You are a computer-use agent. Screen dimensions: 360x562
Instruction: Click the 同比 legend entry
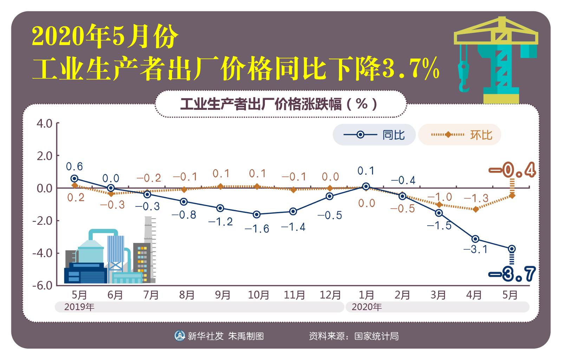[x=374, y=135]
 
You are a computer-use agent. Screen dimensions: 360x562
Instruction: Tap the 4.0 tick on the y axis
[x=45, y=124]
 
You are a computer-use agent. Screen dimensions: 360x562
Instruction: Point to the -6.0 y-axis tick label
[x=43, y=285]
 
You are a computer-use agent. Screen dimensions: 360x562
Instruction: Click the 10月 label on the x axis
[x=259, y=295]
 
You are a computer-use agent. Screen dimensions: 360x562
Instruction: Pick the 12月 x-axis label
[x=330, y=295]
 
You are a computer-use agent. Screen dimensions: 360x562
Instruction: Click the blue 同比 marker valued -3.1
[x=476, y=239]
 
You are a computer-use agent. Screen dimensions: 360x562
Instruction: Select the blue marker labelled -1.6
[x=257, y=214]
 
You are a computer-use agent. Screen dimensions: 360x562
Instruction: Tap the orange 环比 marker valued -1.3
[x=476, y=209]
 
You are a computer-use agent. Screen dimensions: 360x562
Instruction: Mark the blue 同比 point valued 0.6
[x=74, y=179]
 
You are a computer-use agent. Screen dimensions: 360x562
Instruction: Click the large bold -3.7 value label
[x=512, y=274]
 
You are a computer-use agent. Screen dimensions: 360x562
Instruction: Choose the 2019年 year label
[x=79, y=307]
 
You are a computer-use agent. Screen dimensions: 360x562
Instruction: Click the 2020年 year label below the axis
[x=367, y=307]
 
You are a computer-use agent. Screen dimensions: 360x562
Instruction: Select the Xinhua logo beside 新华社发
[x=180, y=336]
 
